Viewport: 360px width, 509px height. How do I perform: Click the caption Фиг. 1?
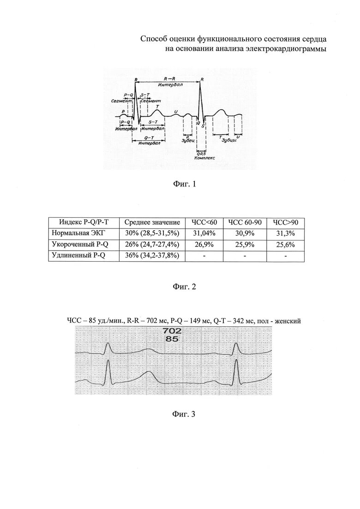tap(184, 184)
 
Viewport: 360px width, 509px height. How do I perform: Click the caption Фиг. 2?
tap(184, 287)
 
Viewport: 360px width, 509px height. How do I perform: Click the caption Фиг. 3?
tap(184, 414)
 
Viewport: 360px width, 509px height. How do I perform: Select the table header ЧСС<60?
tap(204, 222)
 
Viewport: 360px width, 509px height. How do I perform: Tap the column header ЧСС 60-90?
tap(245, 222)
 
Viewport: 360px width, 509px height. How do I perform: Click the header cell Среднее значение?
tap(152, 222)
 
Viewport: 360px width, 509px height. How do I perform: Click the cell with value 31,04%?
tap(204, 234)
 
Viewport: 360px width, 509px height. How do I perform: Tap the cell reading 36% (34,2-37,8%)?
tap(152, 255)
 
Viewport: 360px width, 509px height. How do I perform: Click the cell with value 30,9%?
tap(245, 234)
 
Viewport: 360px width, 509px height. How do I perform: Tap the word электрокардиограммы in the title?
tap(282, 49)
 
